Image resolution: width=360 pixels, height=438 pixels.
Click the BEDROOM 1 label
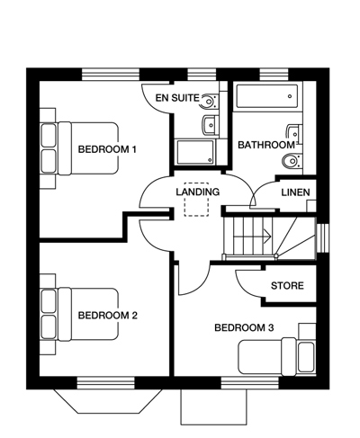click(107, 149)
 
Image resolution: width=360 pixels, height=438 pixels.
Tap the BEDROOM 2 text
click(108, 316)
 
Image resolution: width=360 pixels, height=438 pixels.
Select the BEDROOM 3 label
click(244, 327)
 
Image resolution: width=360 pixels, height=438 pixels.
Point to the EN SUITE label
click(177, 98)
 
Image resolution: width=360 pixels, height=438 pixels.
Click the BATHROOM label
click(266, 145)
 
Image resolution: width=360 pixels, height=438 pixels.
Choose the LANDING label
click(198, 192)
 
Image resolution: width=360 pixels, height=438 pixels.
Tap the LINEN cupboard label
click(295, 192)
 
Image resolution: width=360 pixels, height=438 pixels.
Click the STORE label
click(287, 285)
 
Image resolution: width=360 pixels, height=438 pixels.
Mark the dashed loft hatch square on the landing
click(196, 200)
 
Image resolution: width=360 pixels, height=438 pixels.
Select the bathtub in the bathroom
click(267, 96)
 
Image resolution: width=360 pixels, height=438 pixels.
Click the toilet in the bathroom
click(292, 161)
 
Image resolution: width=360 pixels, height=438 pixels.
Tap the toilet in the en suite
click(210, 101)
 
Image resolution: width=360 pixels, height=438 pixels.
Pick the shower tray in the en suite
click(195, 152)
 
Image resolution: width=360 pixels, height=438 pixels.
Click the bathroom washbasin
click(294, 132)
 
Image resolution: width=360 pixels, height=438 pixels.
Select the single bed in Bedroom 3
click(276, 357)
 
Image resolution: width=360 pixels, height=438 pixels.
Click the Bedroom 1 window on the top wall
click(111, 75)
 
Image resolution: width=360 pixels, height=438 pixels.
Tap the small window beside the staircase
click(323, 238)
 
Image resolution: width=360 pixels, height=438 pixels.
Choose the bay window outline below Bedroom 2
click(108, 401)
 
